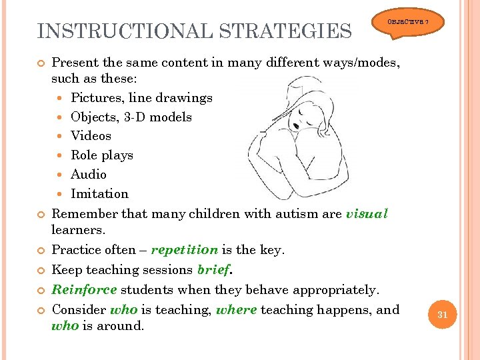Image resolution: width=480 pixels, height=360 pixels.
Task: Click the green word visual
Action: pyautogui.click(x=367, y=214)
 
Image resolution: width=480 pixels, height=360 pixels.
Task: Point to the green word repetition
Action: pyautogui.click(x=184, y=250)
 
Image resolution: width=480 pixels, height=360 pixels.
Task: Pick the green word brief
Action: pyautogui.click(x=213, y=270)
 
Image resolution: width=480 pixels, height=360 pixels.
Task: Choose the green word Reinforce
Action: pyautogui.click(x=84, y=290)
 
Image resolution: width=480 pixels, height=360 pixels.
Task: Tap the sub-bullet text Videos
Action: pyautogui.click(x=91, y=136)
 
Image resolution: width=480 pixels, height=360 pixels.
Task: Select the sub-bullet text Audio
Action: pyautogui.click(x=88, y=175)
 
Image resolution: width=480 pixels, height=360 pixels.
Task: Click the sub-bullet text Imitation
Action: pyautogui.click(x=99, y=194)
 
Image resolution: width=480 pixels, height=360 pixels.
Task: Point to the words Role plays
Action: pyautogui.click(x=101, y=155)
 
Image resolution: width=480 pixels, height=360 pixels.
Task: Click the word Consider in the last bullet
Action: pyautogui.click(x=79, y=310)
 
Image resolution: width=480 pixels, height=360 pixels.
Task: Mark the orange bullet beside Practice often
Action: pyautogui.click(x=41, y=251)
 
